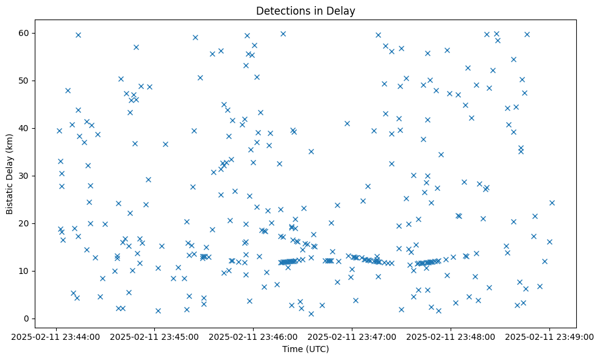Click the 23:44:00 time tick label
[x=55, y=336]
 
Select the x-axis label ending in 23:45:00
[x=154, y=336]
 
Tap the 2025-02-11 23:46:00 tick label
[x=253, y=336]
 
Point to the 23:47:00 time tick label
[x=352, y=336]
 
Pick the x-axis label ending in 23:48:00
[x=451, y=336]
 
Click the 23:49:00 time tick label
[x=549, y=336]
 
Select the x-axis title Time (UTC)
[x=305, y=349]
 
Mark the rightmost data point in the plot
[x=552, y=203]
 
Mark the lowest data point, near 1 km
[x=311, y=314]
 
